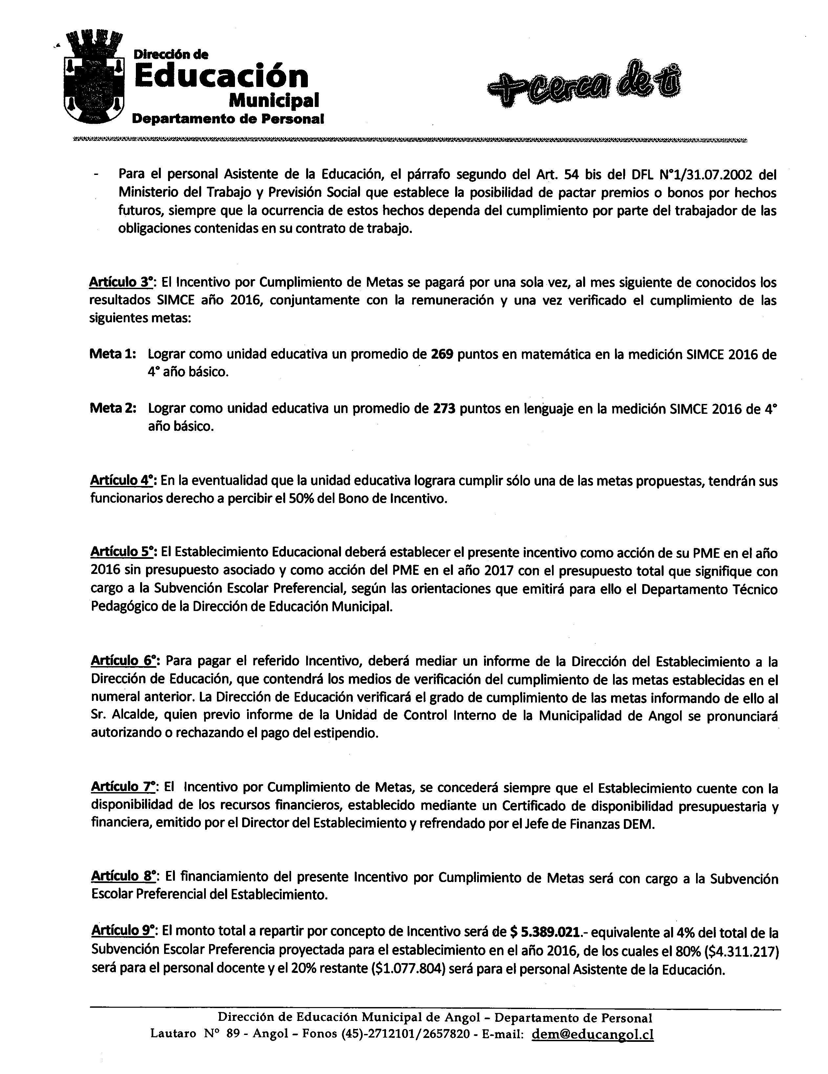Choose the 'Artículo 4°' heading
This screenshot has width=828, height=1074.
123,480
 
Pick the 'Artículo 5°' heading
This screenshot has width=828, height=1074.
123,553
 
